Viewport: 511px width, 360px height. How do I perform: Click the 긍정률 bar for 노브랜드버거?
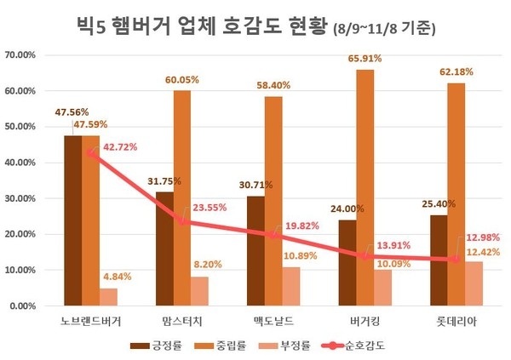[73, 220]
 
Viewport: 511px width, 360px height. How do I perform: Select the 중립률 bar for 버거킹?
[365, 187]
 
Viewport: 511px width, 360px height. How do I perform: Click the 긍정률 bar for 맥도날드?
[255, 250]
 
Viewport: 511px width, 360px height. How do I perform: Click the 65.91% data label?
[365, 60]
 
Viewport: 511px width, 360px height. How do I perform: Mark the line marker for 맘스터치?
[182, 221]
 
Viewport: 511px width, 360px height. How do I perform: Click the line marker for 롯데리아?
[457, 260]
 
